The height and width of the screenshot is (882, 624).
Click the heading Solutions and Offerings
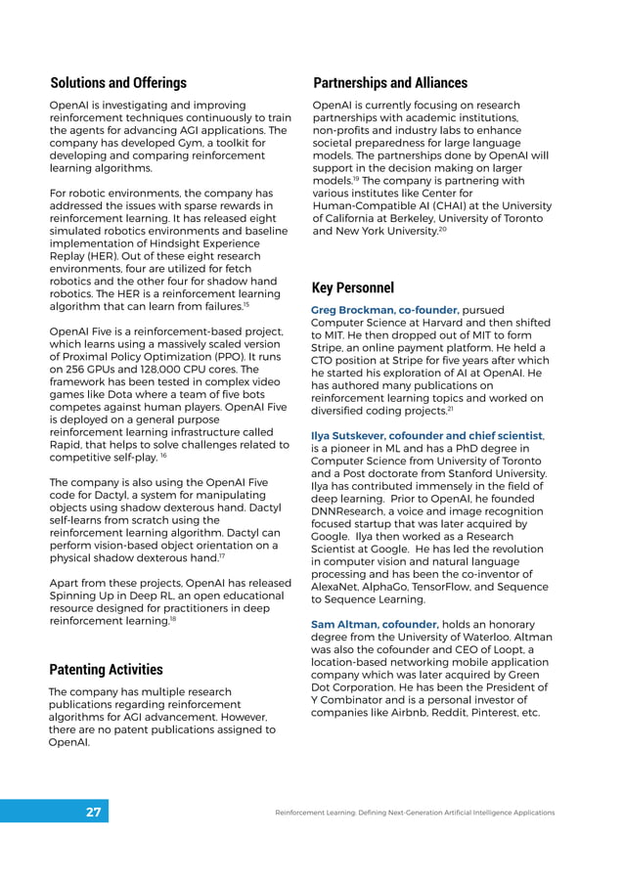coord(118,82)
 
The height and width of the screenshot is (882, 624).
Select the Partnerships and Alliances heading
coord(389,82)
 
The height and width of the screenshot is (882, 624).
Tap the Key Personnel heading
coord(352,287)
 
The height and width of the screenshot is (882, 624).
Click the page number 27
coord(94,813)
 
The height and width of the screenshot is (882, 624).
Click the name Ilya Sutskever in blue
coord(353,435)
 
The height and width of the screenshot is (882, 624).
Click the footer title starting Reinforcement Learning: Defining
coord(415,813)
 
